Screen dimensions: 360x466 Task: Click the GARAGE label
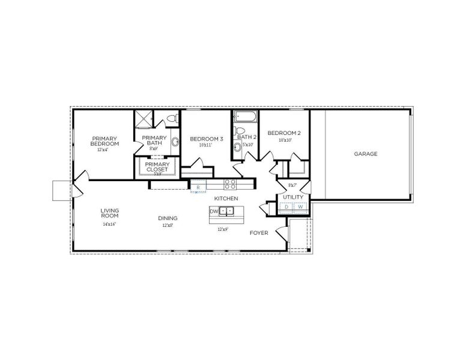[x=365, y=154]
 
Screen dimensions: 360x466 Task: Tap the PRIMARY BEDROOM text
[x=104, y=142]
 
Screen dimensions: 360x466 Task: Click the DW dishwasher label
[x=213, y=211]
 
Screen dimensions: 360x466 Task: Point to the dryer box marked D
[x=286, y=208]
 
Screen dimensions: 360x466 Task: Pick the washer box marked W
[x=300, y=208]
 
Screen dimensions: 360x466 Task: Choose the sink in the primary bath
[x=175, y=143]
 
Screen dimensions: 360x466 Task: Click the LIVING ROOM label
[x=109, y=213]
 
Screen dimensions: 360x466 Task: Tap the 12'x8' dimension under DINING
[x=167, y=226]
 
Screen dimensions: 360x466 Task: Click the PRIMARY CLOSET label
[x=157, y=166]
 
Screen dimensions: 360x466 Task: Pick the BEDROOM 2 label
[x=284, y=133]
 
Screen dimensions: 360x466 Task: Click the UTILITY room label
[x=293, y=197]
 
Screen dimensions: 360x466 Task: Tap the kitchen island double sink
[x=226, y=211]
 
